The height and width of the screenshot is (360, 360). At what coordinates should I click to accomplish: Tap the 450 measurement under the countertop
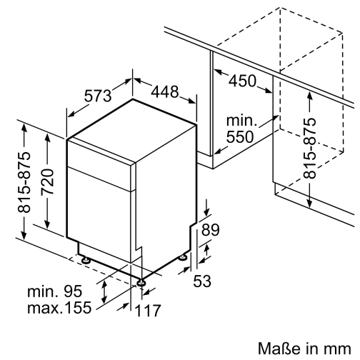[x=241, y=81]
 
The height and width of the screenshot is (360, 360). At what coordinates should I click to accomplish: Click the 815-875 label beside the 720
[x=25, y=182]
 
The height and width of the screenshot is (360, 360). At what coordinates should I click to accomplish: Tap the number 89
[x=211, y=230]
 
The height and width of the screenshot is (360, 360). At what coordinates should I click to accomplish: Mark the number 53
[x=203, y=281]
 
